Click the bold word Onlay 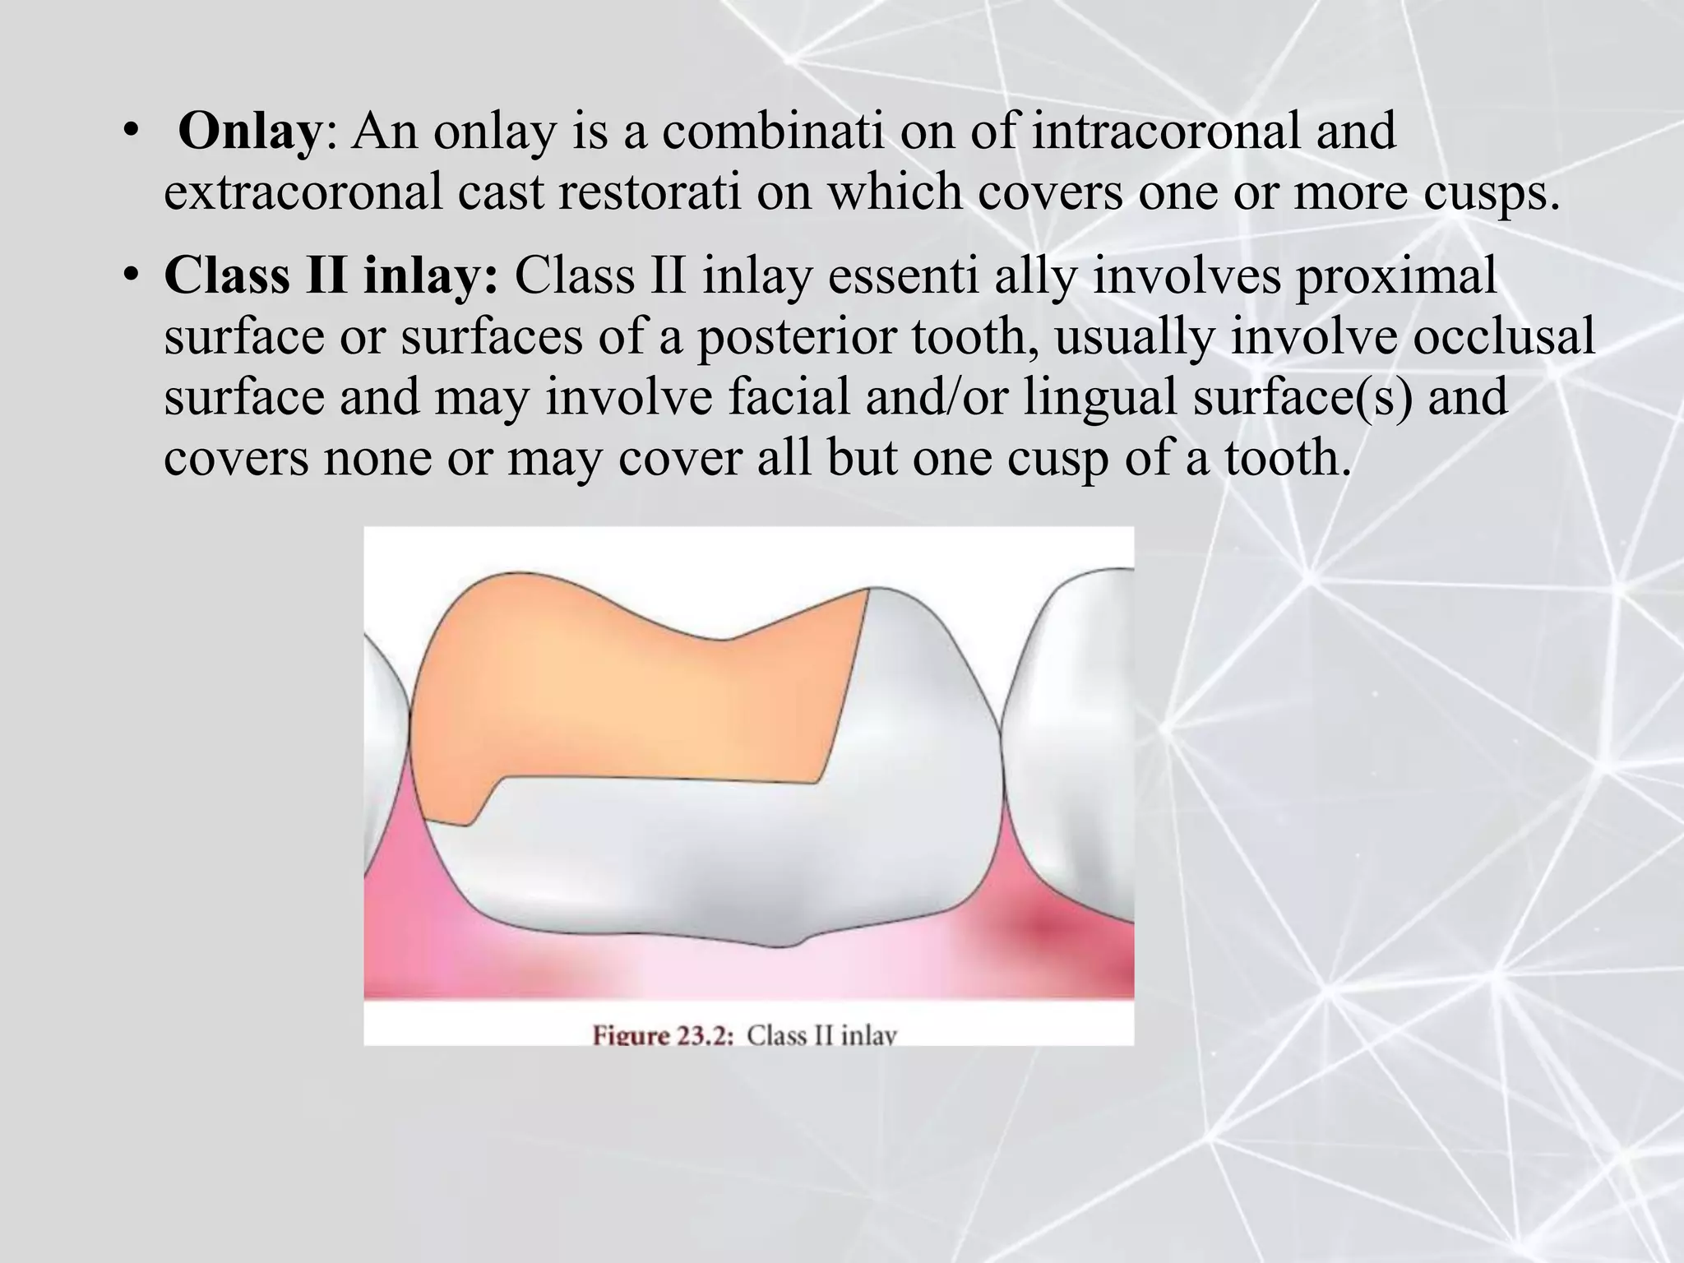coord(248,132)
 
